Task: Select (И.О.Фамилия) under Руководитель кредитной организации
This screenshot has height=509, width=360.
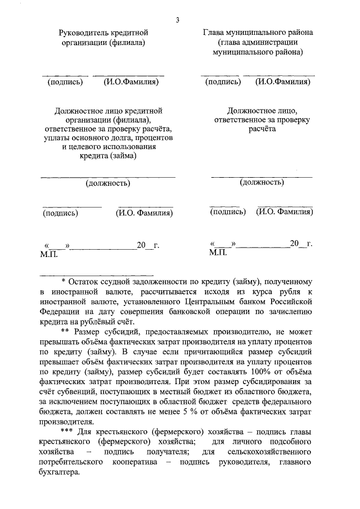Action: (x=131, y=82)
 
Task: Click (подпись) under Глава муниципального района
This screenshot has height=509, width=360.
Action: (x=223, y=82)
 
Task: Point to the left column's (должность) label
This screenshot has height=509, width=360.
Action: (x=108, y=183)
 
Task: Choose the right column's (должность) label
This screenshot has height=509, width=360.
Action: (x=262, y=182)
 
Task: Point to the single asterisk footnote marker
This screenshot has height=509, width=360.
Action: (x=63, y=281)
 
